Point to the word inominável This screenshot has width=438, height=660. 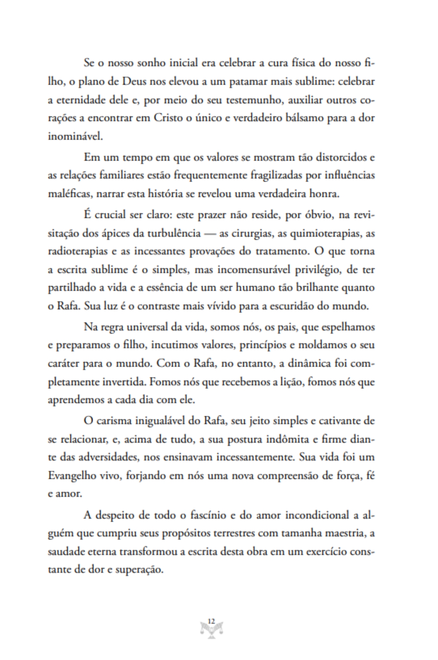[76, 137]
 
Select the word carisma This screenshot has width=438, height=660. [114, 421]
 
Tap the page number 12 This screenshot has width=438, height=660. [211, 621]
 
